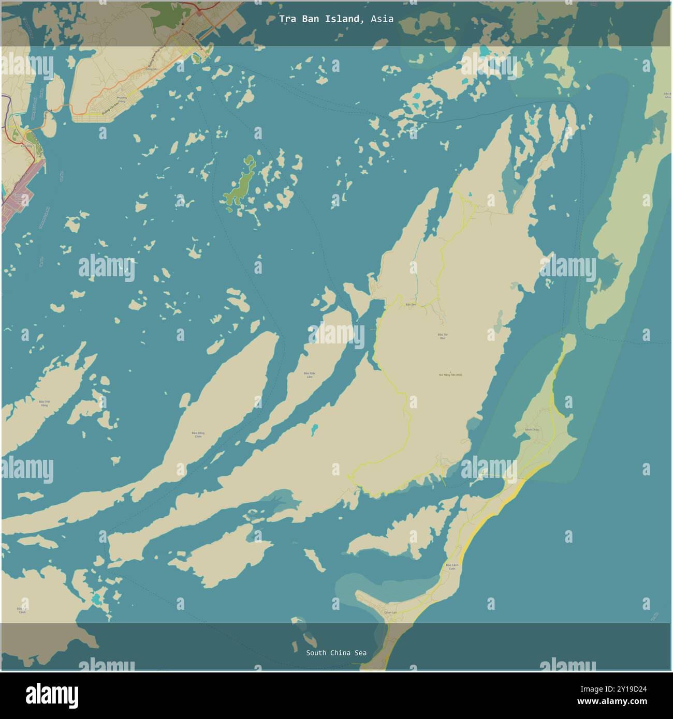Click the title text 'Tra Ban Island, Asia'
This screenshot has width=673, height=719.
point(336,19)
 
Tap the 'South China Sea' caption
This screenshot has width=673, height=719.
point(336,653)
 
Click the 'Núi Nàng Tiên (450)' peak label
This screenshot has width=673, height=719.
point(450,375)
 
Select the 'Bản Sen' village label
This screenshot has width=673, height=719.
point(411,305)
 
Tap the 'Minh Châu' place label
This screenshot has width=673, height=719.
point(532,430)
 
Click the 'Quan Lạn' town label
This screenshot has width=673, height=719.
point(391,612)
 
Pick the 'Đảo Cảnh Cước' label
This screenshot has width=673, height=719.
point(451,566)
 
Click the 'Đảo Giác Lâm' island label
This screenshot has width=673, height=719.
point(310,375)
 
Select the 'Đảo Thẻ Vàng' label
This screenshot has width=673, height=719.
point(45,403)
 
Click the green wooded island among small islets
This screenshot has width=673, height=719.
point(241,184)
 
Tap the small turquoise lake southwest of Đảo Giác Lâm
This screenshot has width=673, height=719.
point(314,429)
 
